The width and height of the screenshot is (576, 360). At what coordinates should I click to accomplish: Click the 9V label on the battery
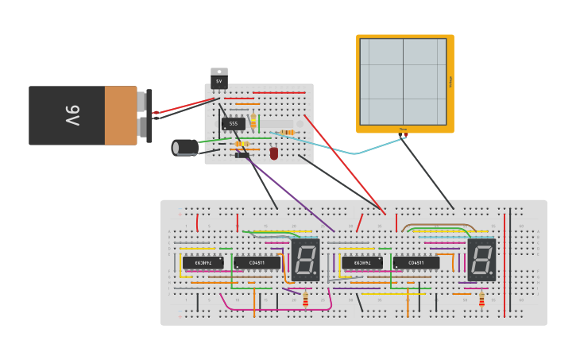pyautogui.click(x=72, y=115)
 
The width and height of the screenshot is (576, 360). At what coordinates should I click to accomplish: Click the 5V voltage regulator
pyautogui.click(x=219, y=79)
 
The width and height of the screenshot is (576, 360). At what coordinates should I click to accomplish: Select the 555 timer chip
pyautogui.click(x=233, y=123)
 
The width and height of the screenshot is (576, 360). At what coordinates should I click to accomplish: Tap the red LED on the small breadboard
pyautogui.click(x=274, y=153)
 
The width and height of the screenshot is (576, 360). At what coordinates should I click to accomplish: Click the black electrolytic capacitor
pyautogui.click(x=185, y=147)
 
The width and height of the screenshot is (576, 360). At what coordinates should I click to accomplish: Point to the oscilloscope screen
pyautogui.click(x=404, y=81)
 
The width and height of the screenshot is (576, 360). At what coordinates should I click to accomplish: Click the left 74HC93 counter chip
pyautogui.click(x=203, y=262)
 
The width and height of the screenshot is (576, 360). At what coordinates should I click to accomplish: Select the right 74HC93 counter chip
pyautogui.click(x=361, y=262)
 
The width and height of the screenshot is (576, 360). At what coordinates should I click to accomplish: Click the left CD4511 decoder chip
pyautogui.click(x=257, y=262)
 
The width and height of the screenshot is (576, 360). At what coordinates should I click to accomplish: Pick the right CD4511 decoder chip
pyautogui.click(x=416, y=262)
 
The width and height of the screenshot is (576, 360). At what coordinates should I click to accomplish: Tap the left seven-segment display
pyautogui.click(x=305, y=259)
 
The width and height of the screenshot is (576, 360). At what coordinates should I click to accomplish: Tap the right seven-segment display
pyautogui.click(x=481, y=259)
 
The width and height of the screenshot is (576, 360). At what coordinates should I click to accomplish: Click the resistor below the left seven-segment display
pyautogui.click(x=305, y=300)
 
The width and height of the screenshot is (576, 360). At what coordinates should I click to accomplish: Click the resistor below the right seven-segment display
pyautogui.click(x=481, y=300)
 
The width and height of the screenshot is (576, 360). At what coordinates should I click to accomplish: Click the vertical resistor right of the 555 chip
pyautogui.click(x=253, y=121)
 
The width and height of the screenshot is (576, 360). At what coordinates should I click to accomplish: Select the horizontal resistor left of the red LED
pyautogui.click(x=243, y=144)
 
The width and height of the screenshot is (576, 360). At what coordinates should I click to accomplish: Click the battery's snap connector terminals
pyautogui.click(x=142, y=115)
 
